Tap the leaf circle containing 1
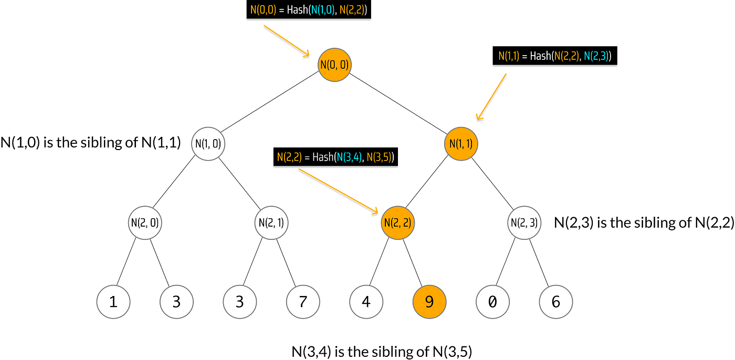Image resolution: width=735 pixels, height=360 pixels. (x=113, y=302)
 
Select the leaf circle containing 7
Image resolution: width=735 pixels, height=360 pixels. (x=303, y=302)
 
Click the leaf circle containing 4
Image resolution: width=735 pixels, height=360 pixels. (x=366, y=302)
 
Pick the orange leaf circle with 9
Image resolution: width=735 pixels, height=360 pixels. (x=429, y=302)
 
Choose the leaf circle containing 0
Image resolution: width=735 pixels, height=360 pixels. (x=492, y=302)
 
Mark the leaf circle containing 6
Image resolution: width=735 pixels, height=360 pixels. (x=555, y=302)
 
